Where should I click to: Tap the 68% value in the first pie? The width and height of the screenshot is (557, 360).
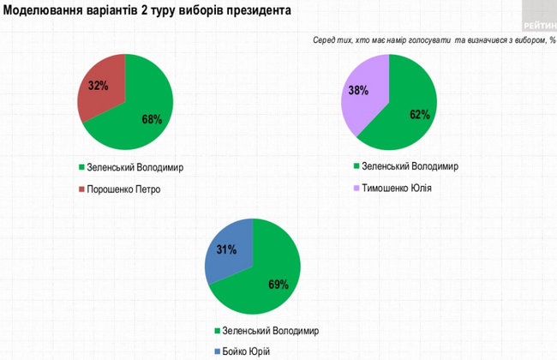pos(152,119)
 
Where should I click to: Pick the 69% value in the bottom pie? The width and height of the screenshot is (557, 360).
pos(278,285)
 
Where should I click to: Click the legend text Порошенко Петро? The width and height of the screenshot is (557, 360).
pos(124,189)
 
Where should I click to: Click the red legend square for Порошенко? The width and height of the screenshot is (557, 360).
pos(81,189)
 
